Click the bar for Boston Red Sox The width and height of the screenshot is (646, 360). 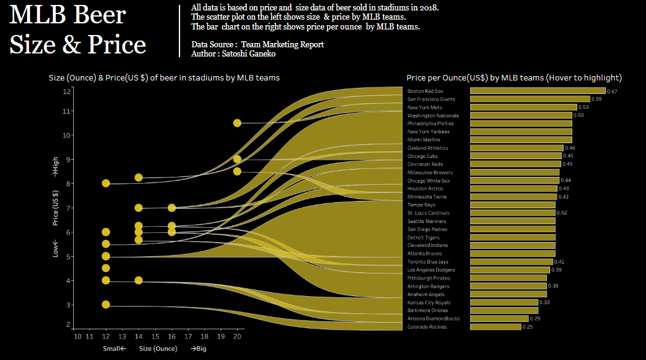point(537,91)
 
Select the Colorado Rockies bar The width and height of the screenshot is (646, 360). point(495,327)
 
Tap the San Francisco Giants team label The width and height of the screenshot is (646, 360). point(430,99)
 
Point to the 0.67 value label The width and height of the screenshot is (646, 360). point(612,92)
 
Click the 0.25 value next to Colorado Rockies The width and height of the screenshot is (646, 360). point(527,327)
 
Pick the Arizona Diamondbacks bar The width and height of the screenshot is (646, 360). point(499,319)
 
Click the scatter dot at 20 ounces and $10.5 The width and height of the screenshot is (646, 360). point(237,123)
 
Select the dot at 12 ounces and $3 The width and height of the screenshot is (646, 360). point(106,305)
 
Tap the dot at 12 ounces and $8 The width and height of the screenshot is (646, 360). point(106,183)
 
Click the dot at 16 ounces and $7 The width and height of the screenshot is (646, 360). point(172,208)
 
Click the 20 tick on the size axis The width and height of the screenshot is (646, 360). point(238,336)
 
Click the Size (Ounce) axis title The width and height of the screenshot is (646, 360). point(158,349)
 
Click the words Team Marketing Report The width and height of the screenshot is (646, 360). point(282,44)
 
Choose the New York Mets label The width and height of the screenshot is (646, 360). point(425,107)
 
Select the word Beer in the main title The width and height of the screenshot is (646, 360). point(99,15)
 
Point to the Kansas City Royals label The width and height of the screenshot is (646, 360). point(428,302)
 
